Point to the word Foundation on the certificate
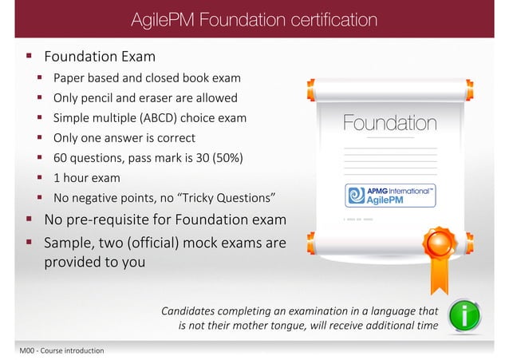pos(389,124)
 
